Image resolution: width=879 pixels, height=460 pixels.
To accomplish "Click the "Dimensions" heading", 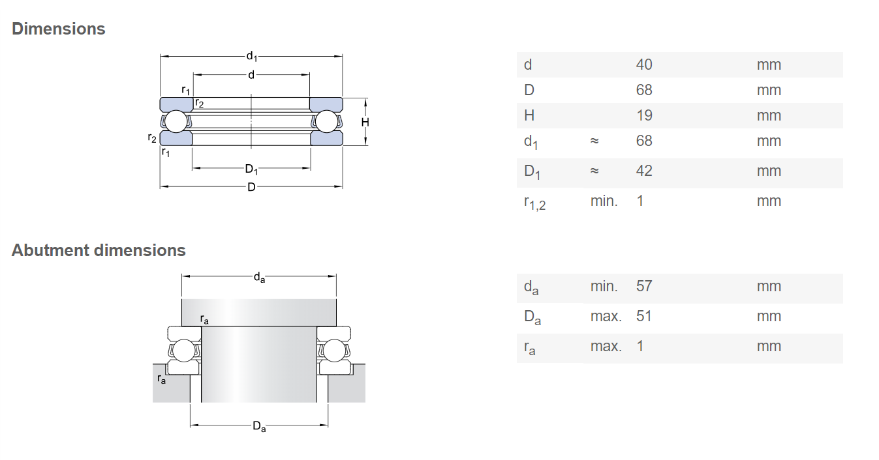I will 58,29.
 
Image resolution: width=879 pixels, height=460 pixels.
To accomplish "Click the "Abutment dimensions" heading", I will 99,250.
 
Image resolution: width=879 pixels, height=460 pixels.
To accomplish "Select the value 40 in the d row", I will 643,65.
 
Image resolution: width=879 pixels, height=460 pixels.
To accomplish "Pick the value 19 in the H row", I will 643,115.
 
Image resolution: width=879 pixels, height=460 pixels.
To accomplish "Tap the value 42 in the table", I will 643,171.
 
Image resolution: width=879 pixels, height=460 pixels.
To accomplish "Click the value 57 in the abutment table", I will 643,286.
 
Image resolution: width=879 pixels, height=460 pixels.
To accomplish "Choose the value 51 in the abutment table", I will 643,316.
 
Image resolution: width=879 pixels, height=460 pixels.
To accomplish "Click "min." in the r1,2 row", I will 604,201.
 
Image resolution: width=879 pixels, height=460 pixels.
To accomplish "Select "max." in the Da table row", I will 606,316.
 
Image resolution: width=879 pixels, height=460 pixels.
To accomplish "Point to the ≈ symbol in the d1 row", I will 594,141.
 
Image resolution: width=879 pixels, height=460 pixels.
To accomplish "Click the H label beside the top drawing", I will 365,122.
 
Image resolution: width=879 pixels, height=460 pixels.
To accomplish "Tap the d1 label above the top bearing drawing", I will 251,57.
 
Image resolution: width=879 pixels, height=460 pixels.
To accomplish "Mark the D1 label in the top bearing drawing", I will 251,169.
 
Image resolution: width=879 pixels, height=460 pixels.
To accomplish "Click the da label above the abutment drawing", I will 259,278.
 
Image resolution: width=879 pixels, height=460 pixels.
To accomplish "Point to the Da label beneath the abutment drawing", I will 259,427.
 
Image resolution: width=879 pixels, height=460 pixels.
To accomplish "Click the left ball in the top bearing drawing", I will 176,122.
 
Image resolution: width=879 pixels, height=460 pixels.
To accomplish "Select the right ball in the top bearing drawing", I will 326,122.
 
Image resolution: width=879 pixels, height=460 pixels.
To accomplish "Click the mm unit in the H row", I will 769,115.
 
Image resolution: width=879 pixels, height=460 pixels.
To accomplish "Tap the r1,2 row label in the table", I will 534,203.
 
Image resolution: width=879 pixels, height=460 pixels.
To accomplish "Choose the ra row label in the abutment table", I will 529,348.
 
